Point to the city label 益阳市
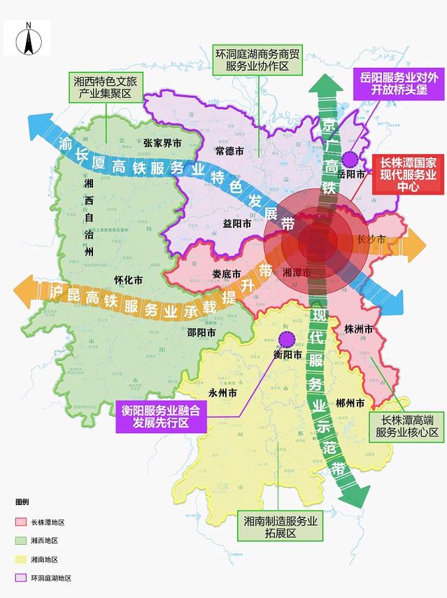click(x=237, y=223)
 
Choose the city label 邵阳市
click(x=201, y=332)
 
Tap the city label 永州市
click(x=222, y=393)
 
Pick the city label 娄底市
click(x=227, y=273)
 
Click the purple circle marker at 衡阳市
click(x=285, y=340)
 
